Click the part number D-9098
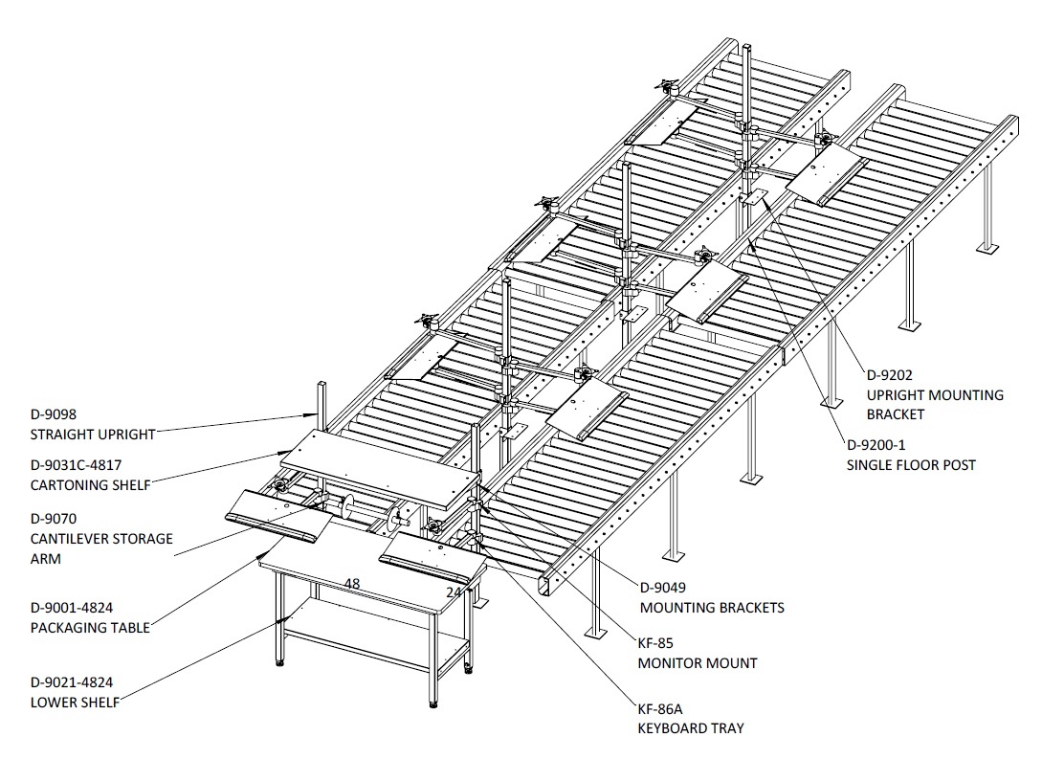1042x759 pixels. click(54, 414)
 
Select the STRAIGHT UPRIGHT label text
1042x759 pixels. click(93, 435)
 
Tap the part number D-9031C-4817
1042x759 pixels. click(76, 465)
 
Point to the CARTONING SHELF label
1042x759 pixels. click(90, 485)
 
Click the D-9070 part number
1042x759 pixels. click(54, 519)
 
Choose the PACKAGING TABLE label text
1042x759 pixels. click(90, 628)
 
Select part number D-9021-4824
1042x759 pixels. click(72, 681)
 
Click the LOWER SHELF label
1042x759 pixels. click(75, 702)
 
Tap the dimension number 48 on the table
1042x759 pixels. click(352, 584)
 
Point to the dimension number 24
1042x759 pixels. click(454, 592)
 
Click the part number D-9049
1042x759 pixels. click(662, 588)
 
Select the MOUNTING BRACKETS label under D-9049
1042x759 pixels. click(712, 608)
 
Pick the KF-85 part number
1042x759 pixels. click(655, 643)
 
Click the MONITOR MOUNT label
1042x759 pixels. click(698, 663)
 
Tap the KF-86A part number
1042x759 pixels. click(660, 708)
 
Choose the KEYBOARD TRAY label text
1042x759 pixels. click(691, 728)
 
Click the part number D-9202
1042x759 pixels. click(889, 375)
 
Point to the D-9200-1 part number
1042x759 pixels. click(876, 445)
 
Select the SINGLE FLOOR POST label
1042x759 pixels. click(910, 465)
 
